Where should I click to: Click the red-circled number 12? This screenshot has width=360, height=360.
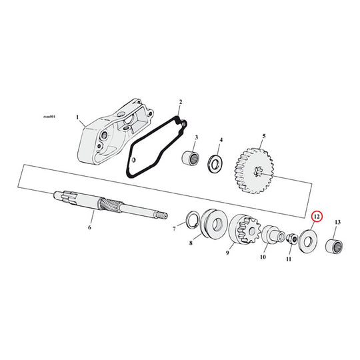point(317,217)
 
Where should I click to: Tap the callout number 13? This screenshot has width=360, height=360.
point(337,222)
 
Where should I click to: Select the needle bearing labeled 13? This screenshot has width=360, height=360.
point(334,246)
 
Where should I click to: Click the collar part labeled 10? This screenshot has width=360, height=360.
point(273,234)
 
